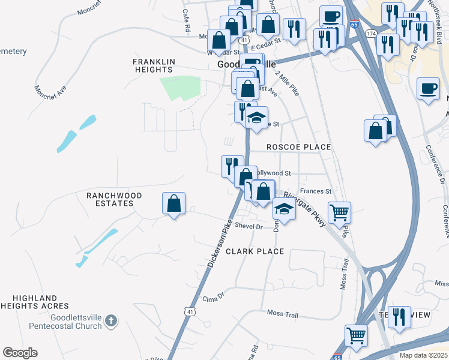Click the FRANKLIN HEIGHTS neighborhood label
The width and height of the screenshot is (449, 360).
click(x=154, y=65)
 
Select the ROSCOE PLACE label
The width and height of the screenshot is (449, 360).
click(x=299, y=147)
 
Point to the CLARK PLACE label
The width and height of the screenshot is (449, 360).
click(x=255, y=251)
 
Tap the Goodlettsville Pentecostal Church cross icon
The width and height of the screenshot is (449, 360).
click(x=110, y=322)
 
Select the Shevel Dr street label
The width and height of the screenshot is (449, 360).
click(x=249, y=226)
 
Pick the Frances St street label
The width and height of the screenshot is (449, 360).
click(x=316, y=191)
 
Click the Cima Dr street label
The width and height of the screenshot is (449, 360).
click(x=212, y=298)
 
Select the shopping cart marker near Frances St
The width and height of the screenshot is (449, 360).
click(x=340, y=212)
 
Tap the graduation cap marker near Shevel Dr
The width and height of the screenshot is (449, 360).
click(x=284, y=209)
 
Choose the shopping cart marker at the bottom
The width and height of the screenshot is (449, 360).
click(x=356, y=335)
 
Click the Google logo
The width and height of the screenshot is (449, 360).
click(x=20, y=353)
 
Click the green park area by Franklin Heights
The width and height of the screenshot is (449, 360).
click(x=180, y=89)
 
